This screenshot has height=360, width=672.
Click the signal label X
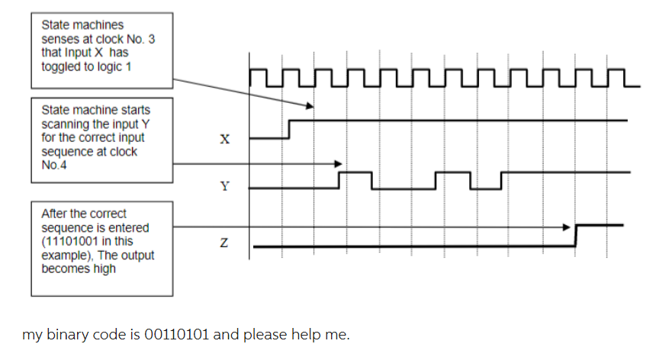tap(223, 140)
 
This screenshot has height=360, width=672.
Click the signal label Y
tap(223, 186)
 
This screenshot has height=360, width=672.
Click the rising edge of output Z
tap(576, 236)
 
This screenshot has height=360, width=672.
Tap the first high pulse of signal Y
tap(355, 173)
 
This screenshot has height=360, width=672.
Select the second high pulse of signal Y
tap(453, 173)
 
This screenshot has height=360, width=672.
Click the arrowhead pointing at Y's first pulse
tap(339, 163)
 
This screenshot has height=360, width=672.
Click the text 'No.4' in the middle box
tap(53, 166)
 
